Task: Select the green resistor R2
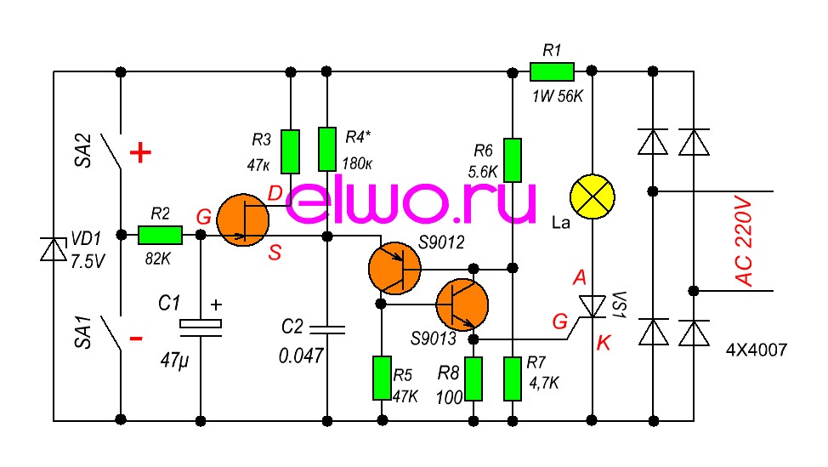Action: [x=160, y=236]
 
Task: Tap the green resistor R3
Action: [x=291, y=150]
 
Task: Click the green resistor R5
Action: [x=383, y=379]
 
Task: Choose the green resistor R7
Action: [x=512, y=379]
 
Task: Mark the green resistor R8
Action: [x=474, y=379]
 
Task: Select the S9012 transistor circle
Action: [x=394, y=269]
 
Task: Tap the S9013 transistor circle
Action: [x=462, y=304]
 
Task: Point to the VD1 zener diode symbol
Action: [x=54, y=249]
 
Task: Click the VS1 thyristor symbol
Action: [x=592, y=305]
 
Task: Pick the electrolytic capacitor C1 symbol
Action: [x=201, y=324]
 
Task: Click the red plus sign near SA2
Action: [x=140, y=153]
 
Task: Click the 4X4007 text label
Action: [x=756, y=349]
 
